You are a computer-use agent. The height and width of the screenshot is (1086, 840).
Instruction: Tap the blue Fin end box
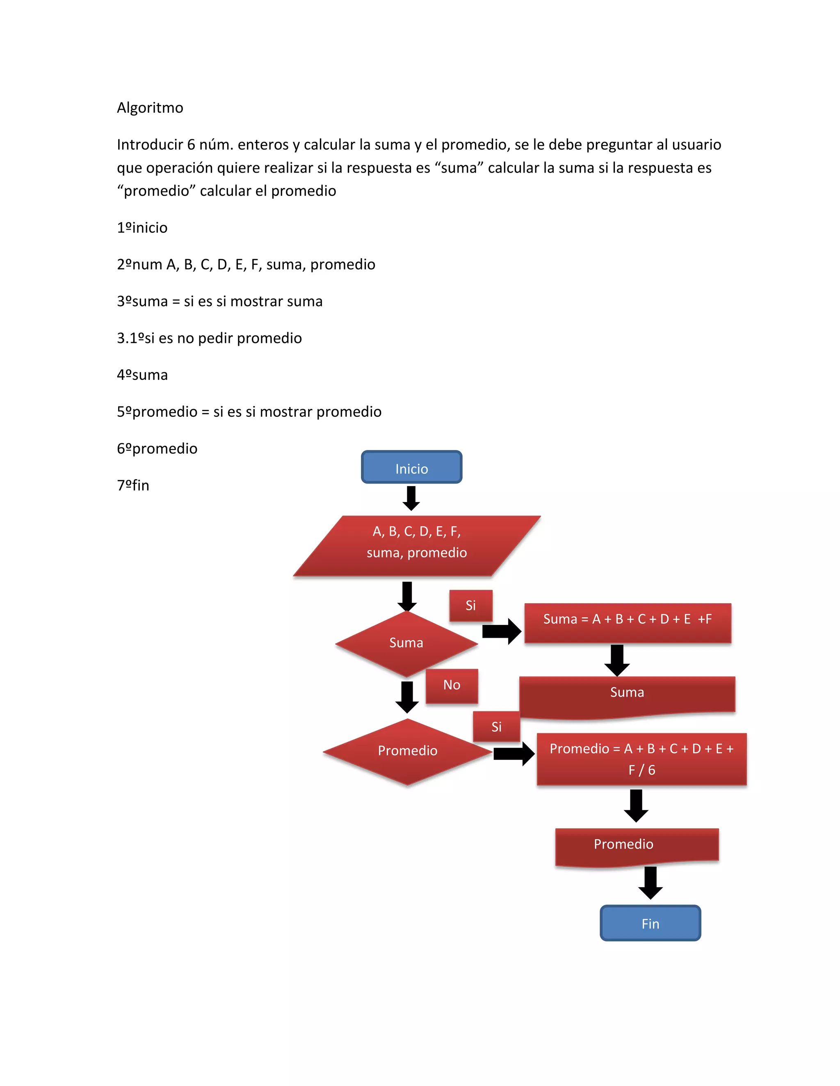(650, 923)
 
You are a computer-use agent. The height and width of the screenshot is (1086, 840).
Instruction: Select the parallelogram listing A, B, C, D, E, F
(417, 545)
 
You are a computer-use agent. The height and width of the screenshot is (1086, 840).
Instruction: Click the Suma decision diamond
(406, 643)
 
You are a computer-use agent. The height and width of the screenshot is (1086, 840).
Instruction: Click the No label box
(452, 686)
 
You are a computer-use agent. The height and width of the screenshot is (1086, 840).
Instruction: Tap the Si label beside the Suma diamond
(471, 605)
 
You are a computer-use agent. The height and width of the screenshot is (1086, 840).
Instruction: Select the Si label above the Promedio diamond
(496, 727)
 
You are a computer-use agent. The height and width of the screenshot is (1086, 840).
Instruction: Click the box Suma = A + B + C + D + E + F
(628, 623)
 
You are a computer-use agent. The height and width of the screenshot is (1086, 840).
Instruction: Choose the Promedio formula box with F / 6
(641, 759)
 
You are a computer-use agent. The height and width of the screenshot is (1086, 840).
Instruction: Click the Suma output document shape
(627, 695)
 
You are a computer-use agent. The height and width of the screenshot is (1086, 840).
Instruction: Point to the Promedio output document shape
(637, 845)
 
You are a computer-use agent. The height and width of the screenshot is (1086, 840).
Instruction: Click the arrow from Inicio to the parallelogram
(411, 498)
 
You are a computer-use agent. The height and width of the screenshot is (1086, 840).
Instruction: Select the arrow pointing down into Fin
(650, 883)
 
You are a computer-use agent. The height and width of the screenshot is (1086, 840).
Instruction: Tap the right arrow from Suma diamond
(502, 632)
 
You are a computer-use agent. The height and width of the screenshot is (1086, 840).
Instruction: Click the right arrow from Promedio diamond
(514, 754)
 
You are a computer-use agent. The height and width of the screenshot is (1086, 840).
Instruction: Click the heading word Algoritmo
(150, 107)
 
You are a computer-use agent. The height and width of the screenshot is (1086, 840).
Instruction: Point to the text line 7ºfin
(133, 485)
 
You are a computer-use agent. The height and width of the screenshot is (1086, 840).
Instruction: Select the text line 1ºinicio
(142, 227)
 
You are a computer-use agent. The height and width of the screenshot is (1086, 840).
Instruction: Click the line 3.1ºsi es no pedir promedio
(209, 338)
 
